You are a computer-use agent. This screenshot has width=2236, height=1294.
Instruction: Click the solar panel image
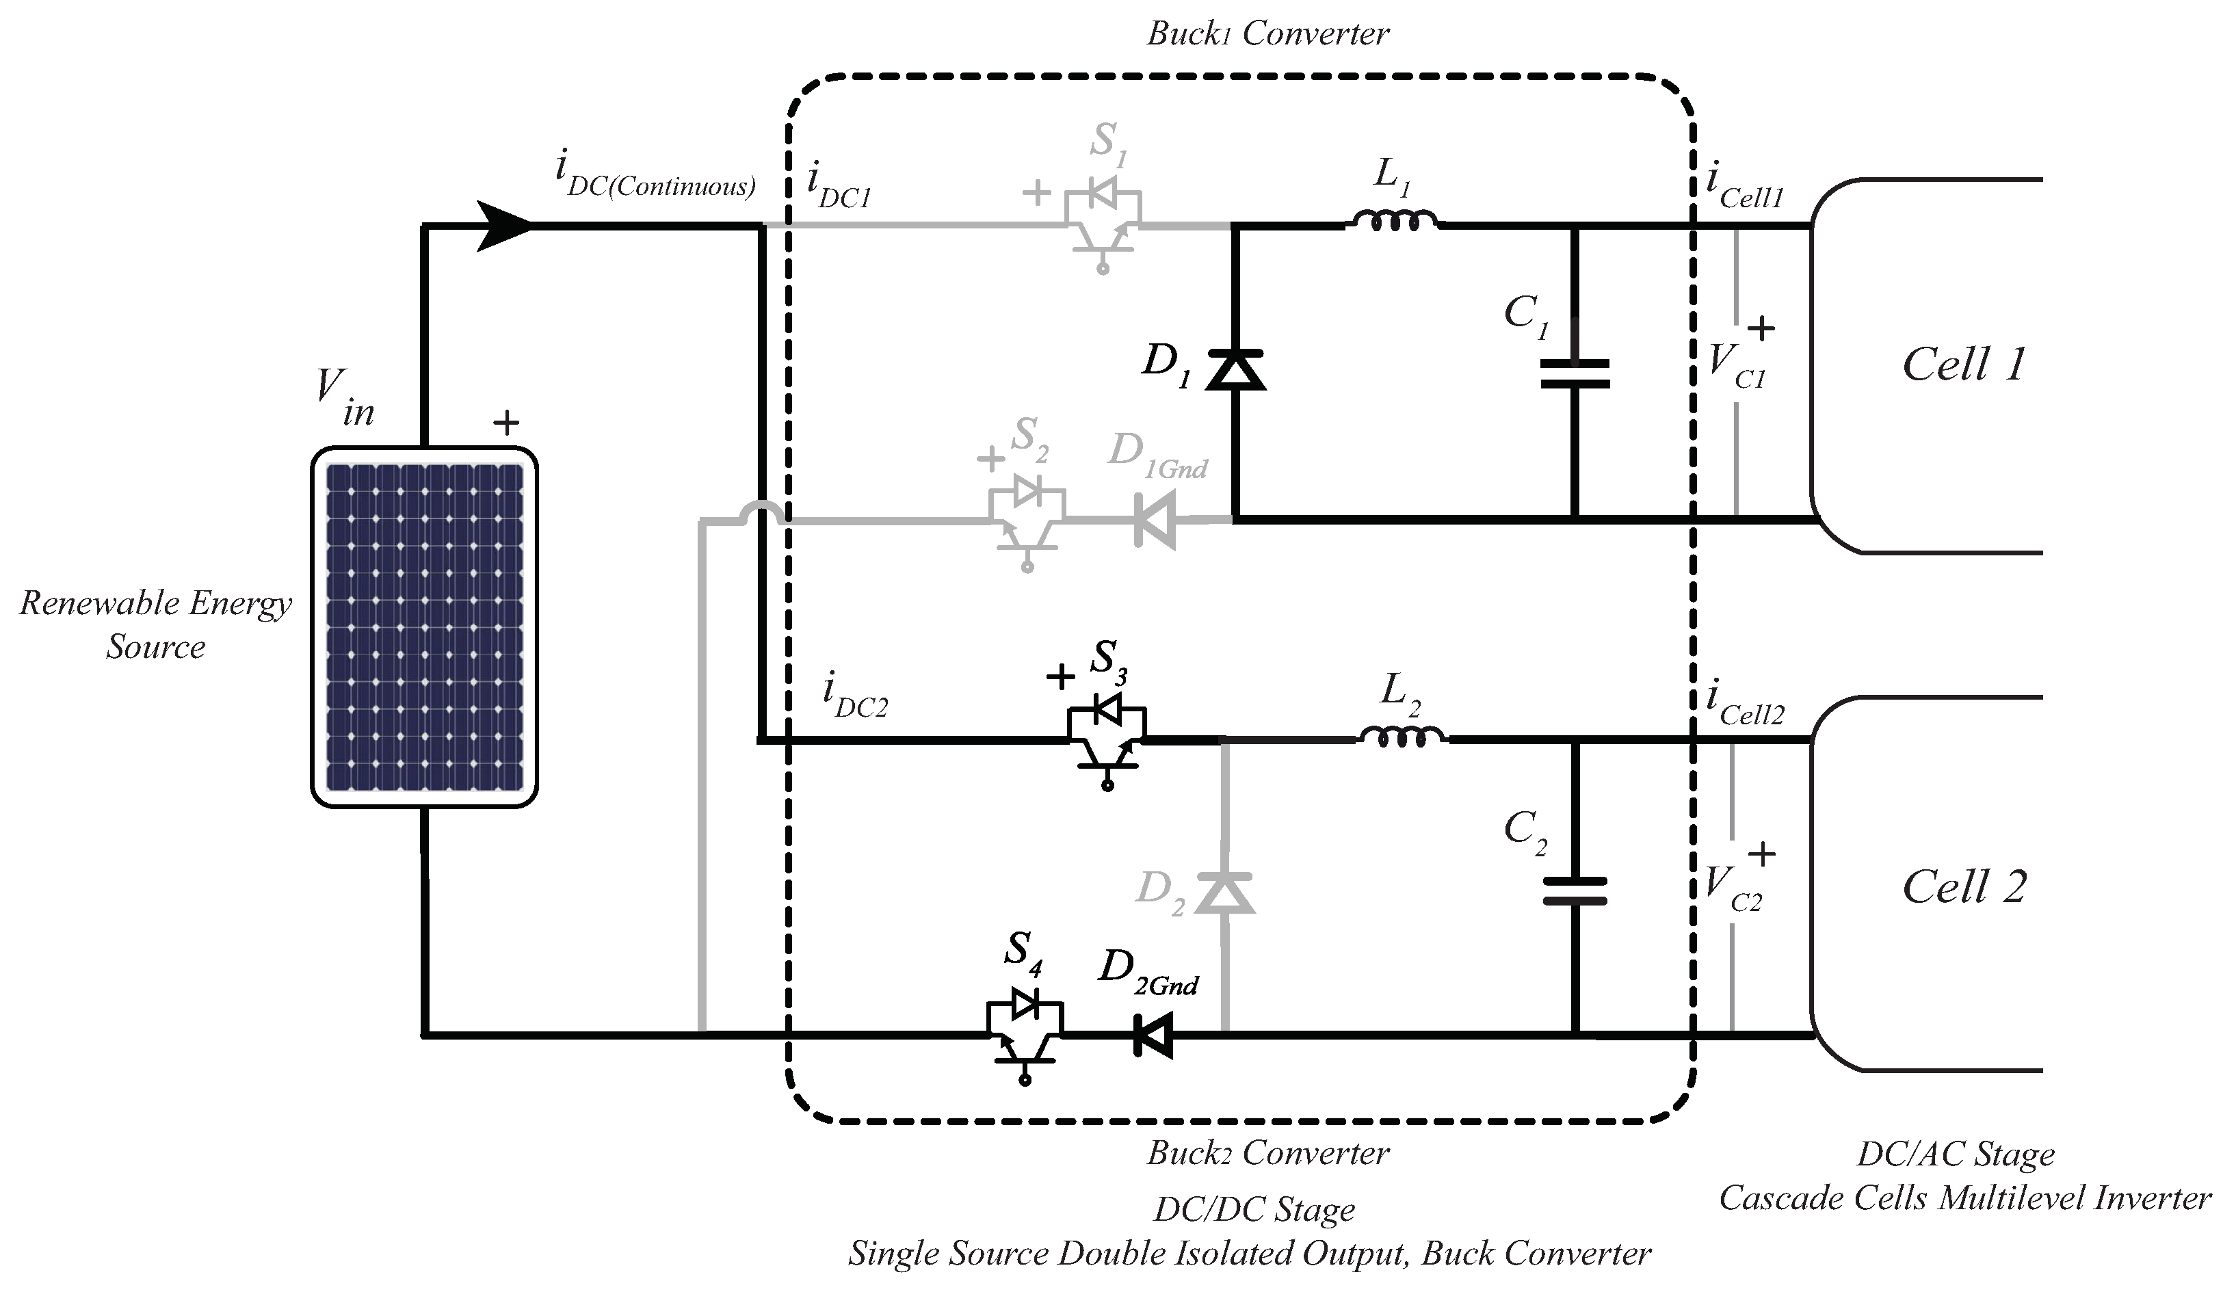coord(424,627)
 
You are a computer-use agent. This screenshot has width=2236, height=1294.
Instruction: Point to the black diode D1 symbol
coord(1235,370)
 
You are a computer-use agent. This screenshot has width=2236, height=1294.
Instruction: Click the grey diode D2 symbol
coord(1224,893)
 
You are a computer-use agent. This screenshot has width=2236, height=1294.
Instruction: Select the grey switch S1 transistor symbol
coord(1103,224)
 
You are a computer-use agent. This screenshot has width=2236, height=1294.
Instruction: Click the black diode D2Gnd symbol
coord(1153,1035)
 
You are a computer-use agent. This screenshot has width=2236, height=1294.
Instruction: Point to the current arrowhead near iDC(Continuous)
coord(503,226)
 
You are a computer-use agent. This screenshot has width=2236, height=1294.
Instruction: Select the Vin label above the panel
coord(344,398)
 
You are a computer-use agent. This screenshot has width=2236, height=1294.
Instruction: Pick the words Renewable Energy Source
coord(155,624)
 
